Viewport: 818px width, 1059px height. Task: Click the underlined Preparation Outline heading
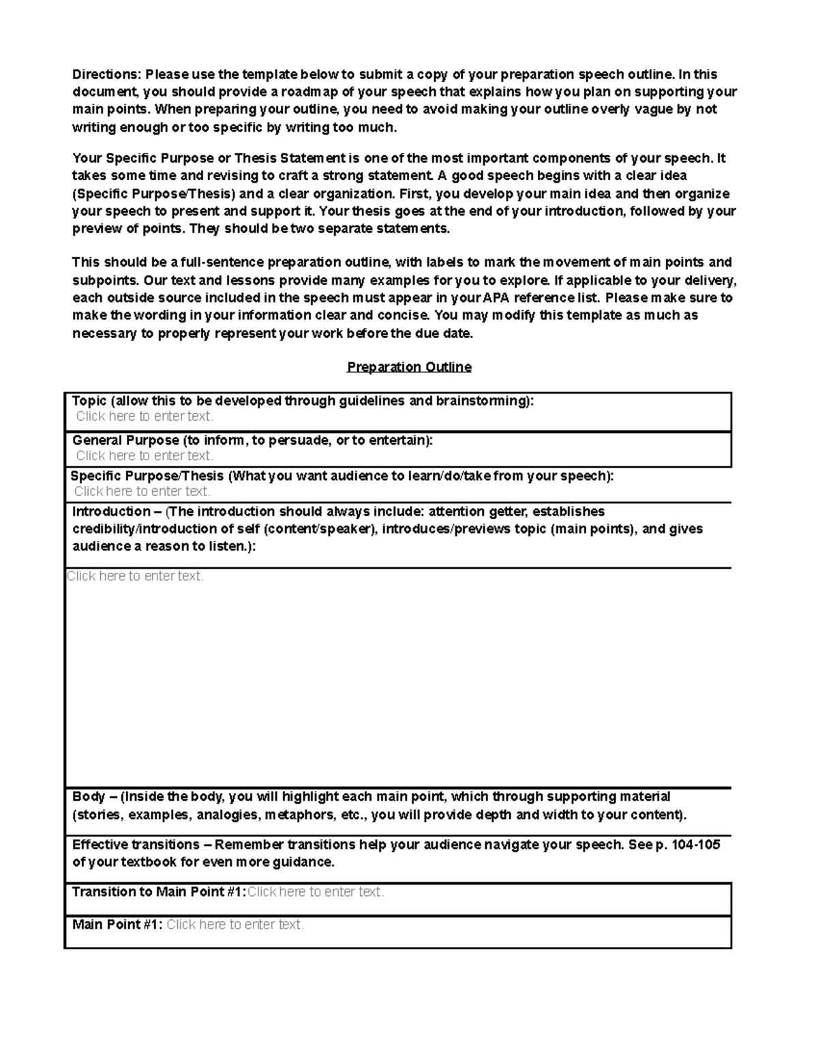pos(409,367)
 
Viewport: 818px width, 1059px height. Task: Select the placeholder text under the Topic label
pos(145,416)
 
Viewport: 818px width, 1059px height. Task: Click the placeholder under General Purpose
pos(145,456)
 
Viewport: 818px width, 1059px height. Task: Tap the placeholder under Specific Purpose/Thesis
pos(142,491)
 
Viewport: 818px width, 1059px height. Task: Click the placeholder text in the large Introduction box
pos(135,576)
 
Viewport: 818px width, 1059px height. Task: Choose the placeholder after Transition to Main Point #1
pos(315,892)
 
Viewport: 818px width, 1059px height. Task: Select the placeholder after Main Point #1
pos(235,925)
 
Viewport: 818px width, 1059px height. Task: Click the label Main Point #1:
pos(117,925)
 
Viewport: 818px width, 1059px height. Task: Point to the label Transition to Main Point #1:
pos(158,892)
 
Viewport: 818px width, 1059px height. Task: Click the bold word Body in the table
pos(89,796)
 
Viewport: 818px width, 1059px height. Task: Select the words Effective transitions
pos(136,845)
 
